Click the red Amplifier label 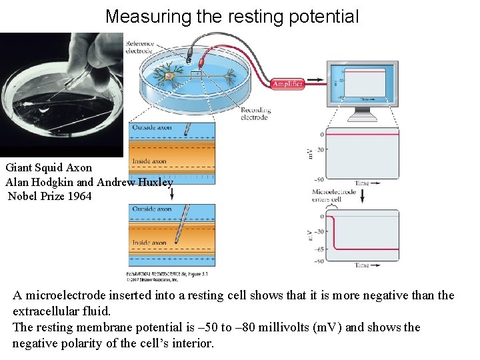tap(287, 84)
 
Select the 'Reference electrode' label tap(139, 47)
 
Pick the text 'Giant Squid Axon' tap(49, 167)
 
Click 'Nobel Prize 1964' tap(49, 196)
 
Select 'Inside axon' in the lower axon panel tap(149, 243)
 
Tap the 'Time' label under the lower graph tap(362, 265)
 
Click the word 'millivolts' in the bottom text tap(279, 327)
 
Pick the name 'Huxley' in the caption tap(155, 182)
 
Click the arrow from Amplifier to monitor tap(316, 75)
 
